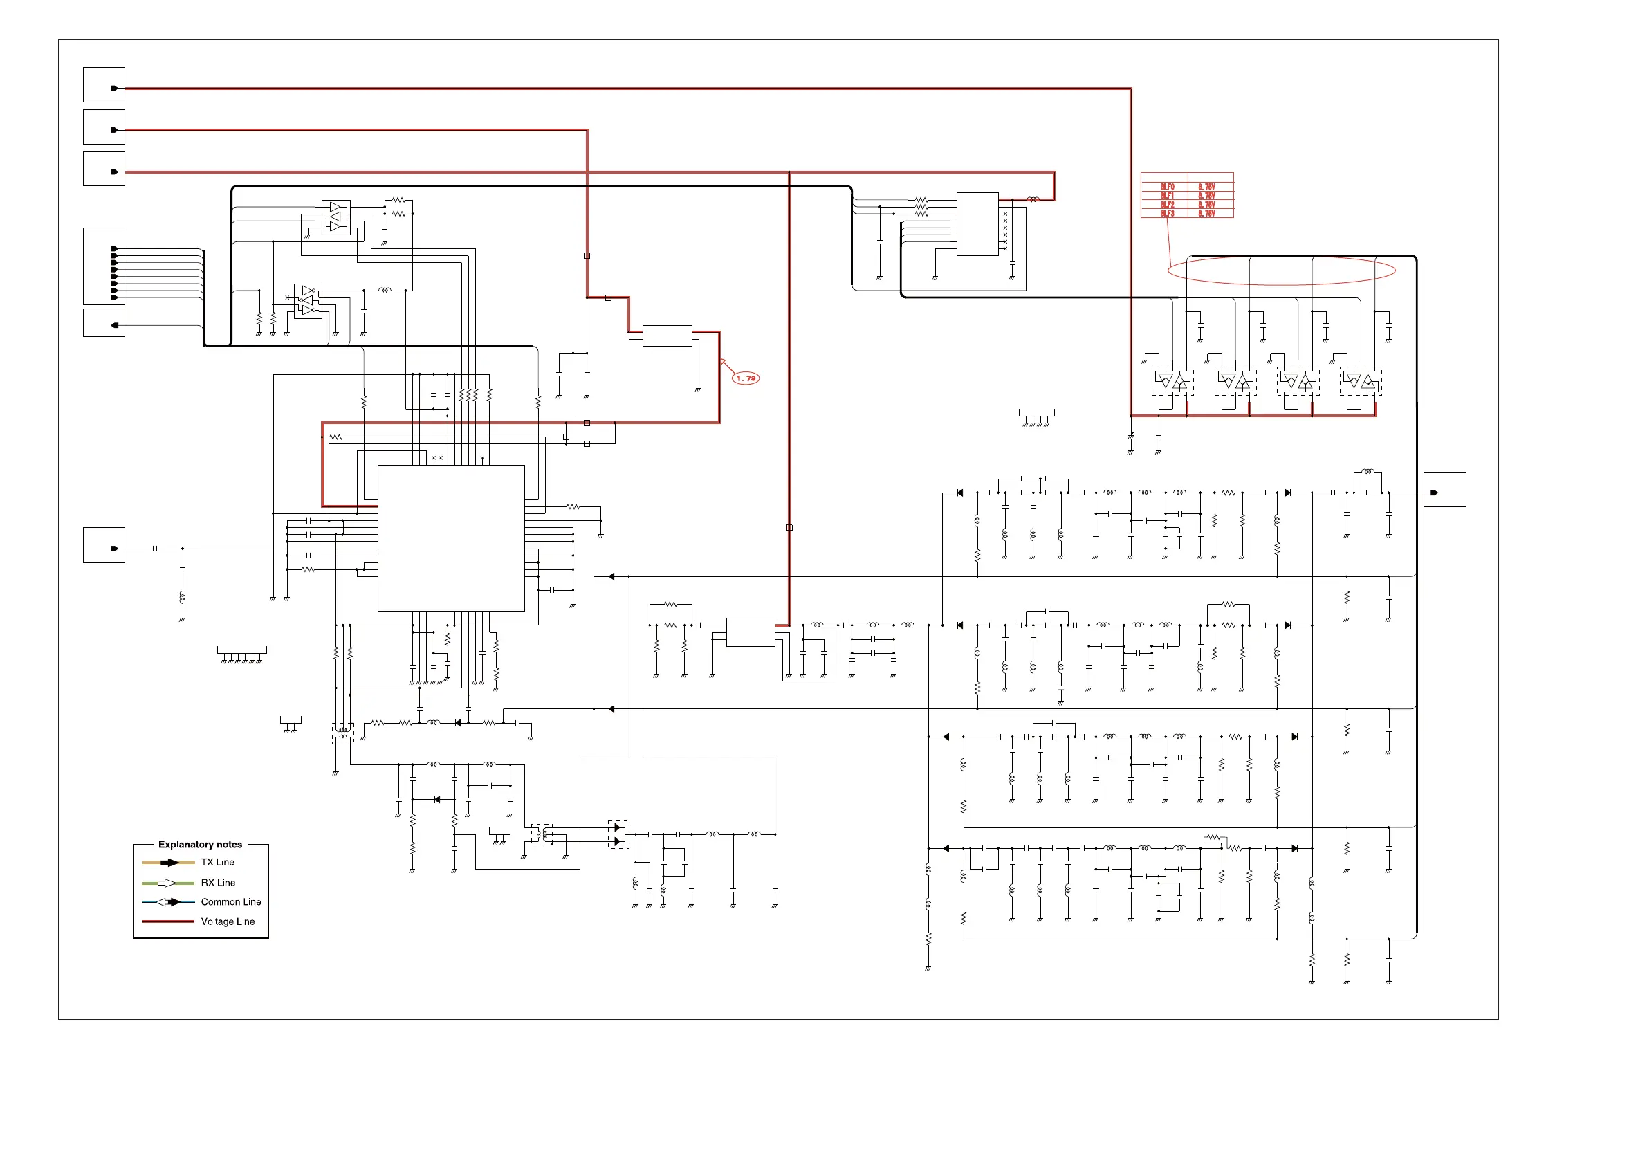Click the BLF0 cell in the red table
1167,187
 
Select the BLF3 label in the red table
1167,214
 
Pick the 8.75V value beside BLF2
1206,205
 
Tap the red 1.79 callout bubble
745,378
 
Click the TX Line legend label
217,862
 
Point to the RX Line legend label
218,882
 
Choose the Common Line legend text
231,901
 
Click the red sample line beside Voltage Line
168,921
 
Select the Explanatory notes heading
200,844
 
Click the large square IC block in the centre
450,538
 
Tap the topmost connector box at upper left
104,85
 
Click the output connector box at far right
1444,490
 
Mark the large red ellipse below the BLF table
1280,270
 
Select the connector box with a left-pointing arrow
104,323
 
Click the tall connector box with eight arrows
104,266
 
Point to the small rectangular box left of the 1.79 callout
666,336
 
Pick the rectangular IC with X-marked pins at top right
977,224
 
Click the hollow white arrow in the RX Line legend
166,882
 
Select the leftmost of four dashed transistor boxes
1172,382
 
